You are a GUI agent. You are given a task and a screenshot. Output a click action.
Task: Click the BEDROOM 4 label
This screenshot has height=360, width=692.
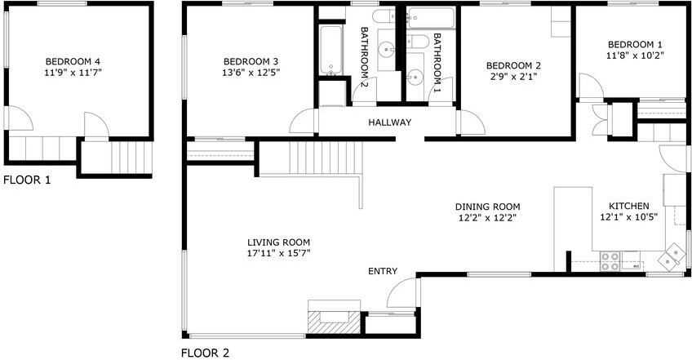pos(73,61)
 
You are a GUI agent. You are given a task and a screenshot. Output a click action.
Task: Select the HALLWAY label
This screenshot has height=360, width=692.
pos(389,122)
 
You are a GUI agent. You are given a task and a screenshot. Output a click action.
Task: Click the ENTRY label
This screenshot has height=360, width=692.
pos(383,272)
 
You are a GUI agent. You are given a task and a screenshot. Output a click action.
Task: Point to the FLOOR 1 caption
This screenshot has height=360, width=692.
pos(27,180)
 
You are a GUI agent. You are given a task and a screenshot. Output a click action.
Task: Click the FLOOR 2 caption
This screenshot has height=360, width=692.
pos(204,353)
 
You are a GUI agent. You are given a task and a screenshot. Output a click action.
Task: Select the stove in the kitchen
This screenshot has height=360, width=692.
pos(610,261)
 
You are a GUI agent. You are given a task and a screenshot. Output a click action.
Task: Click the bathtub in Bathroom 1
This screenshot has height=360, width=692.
pos(432,18)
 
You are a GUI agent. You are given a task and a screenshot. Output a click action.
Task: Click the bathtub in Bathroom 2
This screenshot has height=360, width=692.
pos(331,51)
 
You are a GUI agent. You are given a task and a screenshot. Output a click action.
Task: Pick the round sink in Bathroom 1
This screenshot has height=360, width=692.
pos(415,78)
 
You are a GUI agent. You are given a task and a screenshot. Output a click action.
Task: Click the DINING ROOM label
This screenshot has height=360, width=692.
pos(487,207)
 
